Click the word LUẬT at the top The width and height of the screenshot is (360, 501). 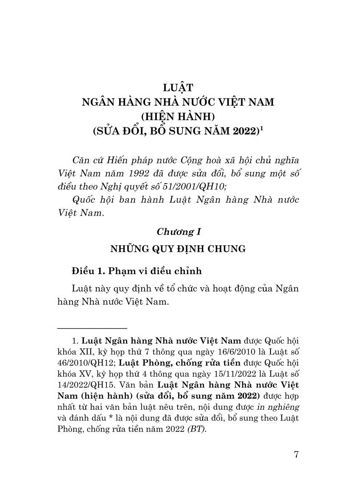[x=178, y=88]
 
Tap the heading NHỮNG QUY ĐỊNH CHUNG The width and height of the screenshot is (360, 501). [x=178, y=249]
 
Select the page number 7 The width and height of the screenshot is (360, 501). [x=296, y=455]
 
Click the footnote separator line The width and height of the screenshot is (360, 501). [x=92, y=328]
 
